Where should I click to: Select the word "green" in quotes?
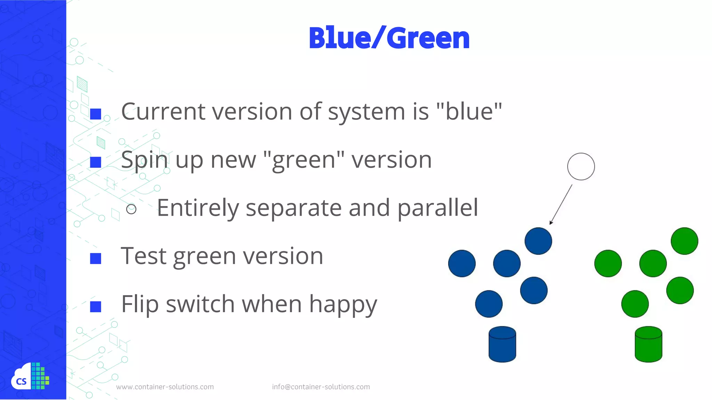click(x=304, y=160)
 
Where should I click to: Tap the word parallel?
click(x=438, y=208)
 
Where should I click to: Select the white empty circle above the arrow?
click(x=581, y=167)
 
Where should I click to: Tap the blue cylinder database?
click(x=502, y=344)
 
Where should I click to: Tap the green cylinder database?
click(x=648, y=344)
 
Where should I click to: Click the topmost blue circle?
click(x=538, y=241)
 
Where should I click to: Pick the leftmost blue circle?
click(x=462, y=264)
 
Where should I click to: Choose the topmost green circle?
click(x=684, y=241)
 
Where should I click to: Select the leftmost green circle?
click(x=608, y=264)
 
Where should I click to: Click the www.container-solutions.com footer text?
click(x=165, y=387)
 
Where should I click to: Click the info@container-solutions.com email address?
click(x=321, y=387)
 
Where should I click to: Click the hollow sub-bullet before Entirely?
click(x=131, y=209)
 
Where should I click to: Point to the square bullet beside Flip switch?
click(x=96, y=307)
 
